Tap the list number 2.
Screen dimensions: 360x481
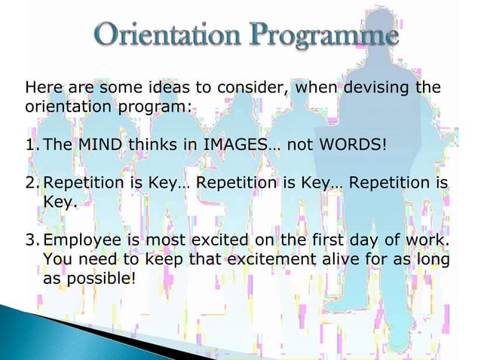32,183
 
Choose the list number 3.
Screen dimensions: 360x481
32,241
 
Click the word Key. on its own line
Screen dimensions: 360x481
61,202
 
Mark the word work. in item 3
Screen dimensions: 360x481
432,241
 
